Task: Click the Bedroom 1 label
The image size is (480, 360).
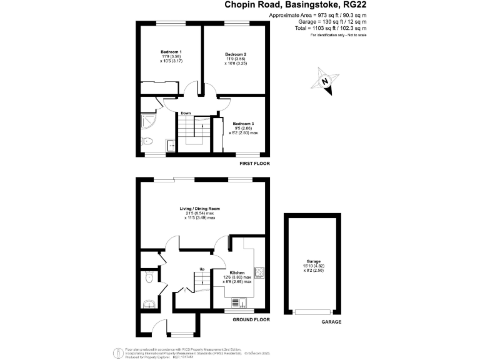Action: (171, 51)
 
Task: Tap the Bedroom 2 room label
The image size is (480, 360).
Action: (236, 54)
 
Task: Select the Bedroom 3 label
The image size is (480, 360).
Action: (244, 124)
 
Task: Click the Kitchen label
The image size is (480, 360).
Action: (237, 273)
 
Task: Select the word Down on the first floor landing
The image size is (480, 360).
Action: (186, 113)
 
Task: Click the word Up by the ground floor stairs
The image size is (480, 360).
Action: (202, 269)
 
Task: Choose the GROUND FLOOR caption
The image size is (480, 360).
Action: (251, 319)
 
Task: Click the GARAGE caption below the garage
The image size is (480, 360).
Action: (331, 322)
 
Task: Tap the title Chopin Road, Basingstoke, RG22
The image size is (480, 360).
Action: (296, 5)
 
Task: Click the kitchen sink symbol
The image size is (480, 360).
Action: (238, 302)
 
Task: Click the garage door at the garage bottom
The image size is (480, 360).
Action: (313, 311)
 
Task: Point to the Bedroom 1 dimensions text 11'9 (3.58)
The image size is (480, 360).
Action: (171, 56)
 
